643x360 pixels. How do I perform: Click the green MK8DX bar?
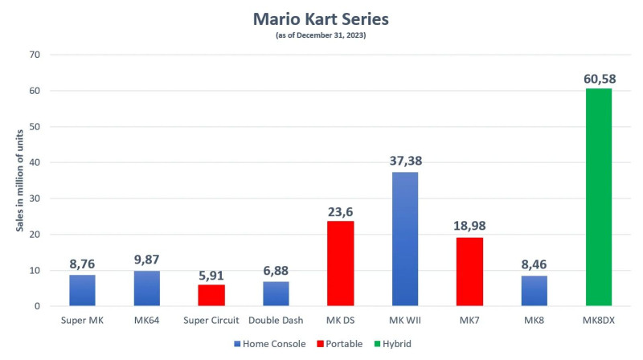click(598, 197)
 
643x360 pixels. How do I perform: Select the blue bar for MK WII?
click(404, 239)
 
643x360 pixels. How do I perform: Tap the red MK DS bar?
click(340, 264)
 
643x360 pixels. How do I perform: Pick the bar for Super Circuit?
click(211, 295)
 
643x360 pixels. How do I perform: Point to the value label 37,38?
click(404, 161)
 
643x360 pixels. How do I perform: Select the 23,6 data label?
click(340, 211)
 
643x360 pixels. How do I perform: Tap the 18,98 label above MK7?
click(469, 227)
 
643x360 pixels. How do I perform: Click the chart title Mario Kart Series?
click(321, 18)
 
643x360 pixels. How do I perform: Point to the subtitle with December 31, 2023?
click(321, 35)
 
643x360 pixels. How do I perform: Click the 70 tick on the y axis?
click(35, 55)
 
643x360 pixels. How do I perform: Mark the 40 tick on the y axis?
click(35, 162)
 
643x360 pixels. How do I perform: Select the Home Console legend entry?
click(272, 343)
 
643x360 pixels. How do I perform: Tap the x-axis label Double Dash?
click(276, 320)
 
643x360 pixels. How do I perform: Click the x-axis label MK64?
click(146, 320)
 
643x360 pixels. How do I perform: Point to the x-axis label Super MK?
click(82, 320)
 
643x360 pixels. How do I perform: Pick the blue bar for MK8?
click(534, 291)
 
